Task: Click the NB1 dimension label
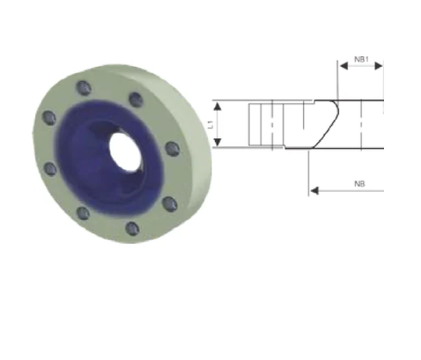[361, 59]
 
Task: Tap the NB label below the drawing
[359, 184]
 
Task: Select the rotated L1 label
[210, 124]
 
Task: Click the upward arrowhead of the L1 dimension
[217, 107]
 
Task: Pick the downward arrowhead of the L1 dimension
[217, 142]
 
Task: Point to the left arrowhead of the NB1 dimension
[343, 66]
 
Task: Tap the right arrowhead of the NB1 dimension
[379, 66]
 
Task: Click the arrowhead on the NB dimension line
[314, 191]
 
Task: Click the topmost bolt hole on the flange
[84, 88]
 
